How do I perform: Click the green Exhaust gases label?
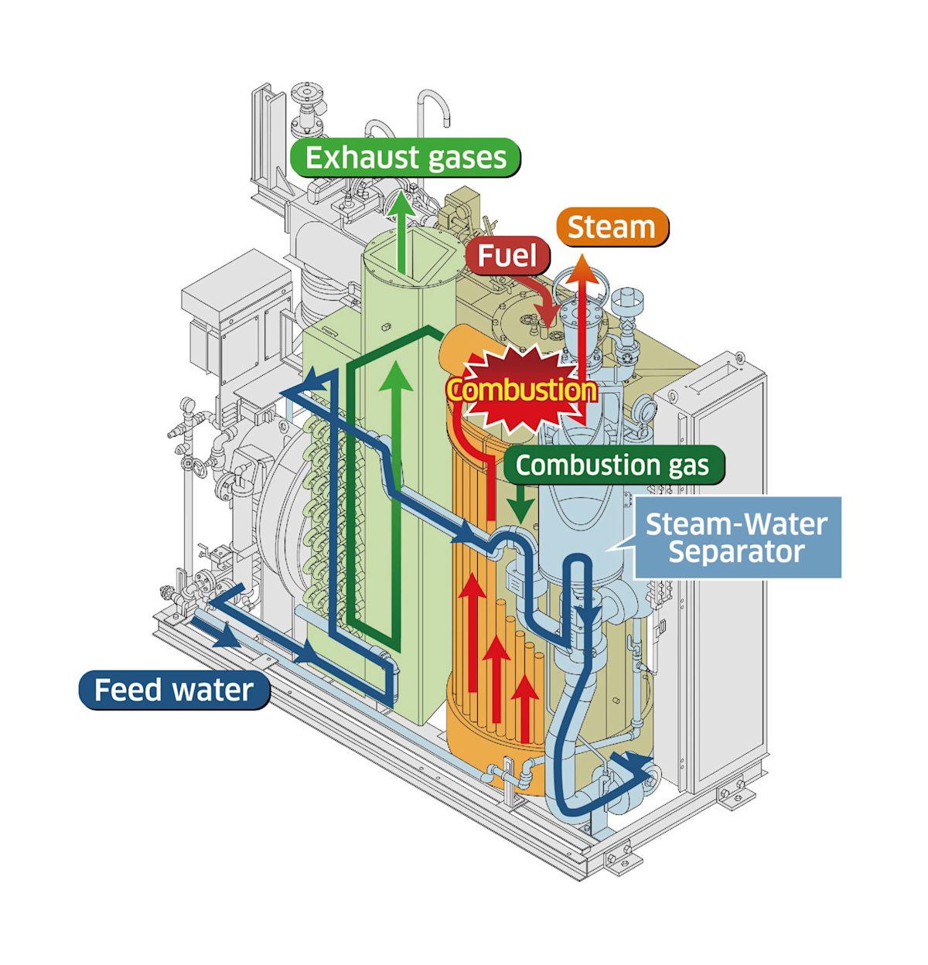click(404, 158)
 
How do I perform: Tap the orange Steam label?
click(611, 227)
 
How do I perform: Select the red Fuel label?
click(507, 255)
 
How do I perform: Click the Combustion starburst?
click(523, 390)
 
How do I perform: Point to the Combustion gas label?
click(612, 465)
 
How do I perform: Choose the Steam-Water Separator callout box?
click(736, 538)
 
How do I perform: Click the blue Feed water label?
click(174, 690)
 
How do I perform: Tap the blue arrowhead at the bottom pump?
click(632, 767)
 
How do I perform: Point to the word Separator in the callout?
click(736, 552)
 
